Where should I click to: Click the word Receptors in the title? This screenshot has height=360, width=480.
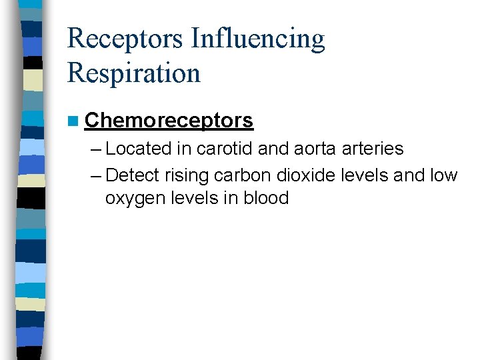click(125, 39)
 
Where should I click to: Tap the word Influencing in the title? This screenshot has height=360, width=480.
click(258, 39)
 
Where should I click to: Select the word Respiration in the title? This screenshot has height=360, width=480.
click(133, 72)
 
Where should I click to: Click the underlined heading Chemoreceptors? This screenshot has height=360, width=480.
click(169, 120)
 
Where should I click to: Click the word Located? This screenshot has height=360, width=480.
click(138, 148)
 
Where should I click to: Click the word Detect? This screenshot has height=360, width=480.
click(132, 175)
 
